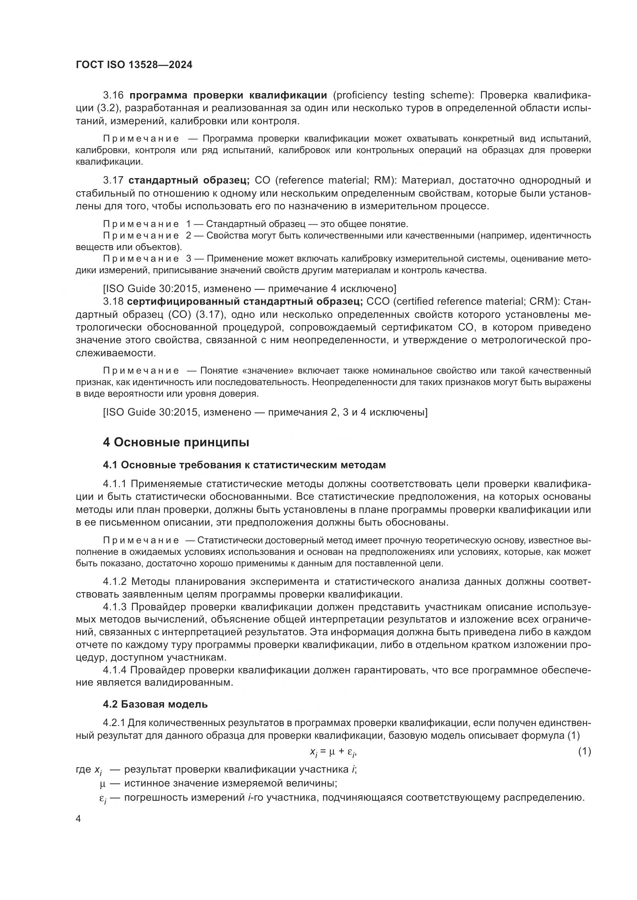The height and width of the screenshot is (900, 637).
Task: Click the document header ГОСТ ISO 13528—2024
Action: point(134,65)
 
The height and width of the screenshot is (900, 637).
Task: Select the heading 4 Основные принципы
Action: point(176,442)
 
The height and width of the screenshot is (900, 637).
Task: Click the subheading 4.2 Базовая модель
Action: point(155,704)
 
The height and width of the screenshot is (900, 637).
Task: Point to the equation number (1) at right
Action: point(584,751)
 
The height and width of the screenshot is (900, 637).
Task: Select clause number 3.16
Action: point(113,95)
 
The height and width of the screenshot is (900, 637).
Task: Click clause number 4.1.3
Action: point(115,607)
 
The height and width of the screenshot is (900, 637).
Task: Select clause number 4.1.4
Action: point(115,670)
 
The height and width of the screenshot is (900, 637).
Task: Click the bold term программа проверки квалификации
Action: point(228,95)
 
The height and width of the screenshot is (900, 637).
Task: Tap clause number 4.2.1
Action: point(114,723)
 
